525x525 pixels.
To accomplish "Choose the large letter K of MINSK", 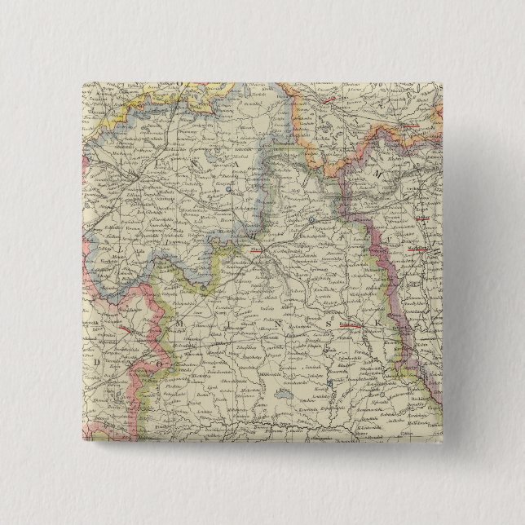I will click(x=377, y=324).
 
